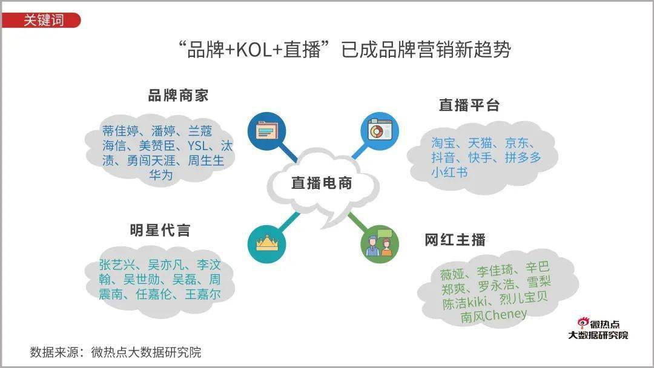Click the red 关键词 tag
coord(41,20)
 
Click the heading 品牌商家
coord(178,96)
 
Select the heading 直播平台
coord(469,105)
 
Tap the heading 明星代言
coord(160,230)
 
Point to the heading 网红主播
coord(455,240)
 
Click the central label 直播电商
coord(322,183)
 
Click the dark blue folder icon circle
coord(266,131)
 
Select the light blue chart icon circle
coord(380,131)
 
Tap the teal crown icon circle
coord(266,244)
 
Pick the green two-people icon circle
coord(380,244)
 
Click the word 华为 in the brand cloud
coord(161,175)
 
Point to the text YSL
coord(198,146)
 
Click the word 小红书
coord(449,172)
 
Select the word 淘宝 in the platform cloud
coord(443,143)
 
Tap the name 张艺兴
coord(117,264)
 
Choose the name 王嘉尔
coord(203,294)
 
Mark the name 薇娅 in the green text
coord(452,274)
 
